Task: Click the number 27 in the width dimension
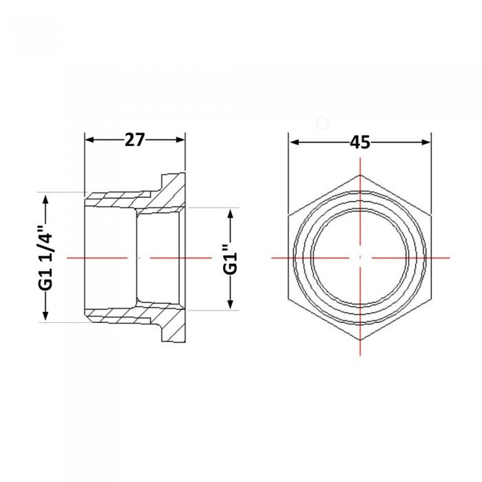[x=135, y=140]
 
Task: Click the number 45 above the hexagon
[x=359, y=143]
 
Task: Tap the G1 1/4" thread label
[x=46, y=258]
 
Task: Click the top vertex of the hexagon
[x=360, y=175]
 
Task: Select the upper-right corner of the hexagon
[x=431, y=216]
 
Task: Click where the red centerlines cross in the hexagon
[x=360, y=258]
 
